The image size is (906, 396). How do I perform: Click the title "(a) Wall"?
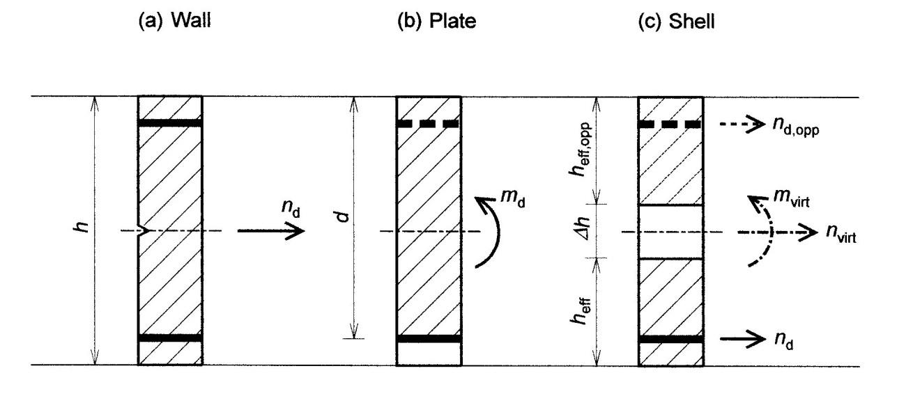click(175, 21)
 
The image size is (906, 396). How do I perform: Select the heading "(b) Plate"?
click(437, 21)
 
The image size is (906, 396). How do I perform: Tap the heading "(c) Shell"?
click(676, 21)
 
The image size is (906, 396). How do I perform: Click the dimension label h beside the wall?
click(82, 227)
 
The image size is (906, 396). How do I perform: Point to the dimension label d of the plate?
click(343, 216)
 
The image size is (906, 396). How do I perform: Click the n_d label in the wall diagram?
click(291, 208)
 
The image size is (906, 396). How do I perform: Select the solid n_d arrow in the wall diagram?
click(271, 231)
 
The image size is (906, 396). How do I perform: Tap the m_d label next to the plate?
click(513, 198)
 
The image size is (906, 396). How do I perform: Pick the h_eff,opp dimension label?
click(581, 149)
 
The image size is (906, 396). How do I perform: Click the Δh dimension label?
click(583, 228)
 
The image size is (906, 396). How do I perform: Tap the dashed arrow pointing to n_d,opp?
click(742, 124)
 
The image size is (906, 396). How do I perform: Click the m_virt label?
click(792, 198)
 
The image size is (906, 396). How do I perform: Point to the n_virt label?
click(841, 234)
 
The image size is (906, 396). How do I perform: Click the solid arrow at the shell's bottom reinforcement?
click(743, 339)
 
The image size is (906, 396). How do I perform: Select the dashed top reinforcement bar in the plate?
click(429, 124)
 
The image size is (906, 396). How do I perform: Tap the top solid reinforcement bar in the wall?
click(170, 123)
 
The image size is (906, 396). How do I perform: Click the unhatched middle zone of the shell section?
click(671, 232)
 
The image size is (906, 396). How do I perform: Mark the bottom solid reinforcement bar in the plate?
click(429, 339)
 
